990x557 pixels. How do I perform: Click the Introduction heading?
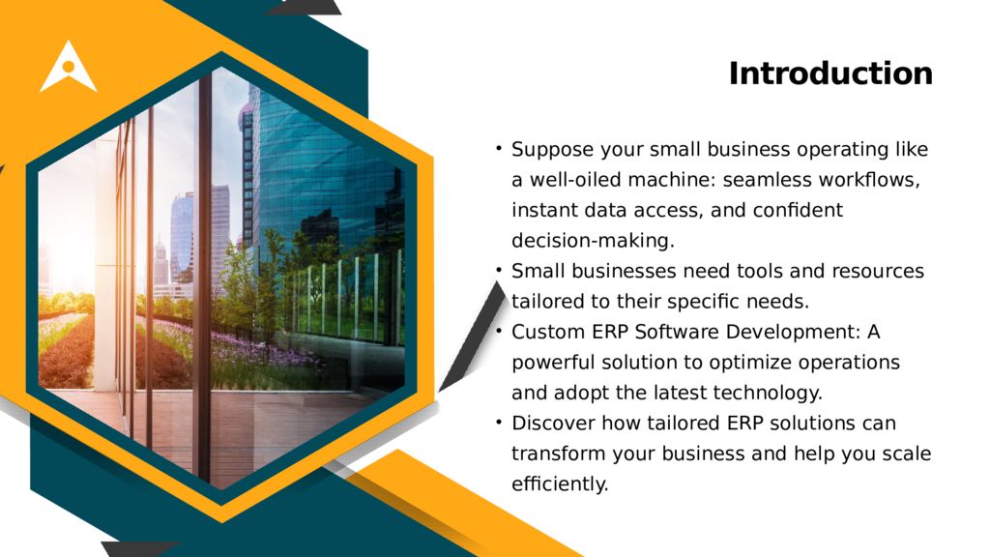(x=830, y=74)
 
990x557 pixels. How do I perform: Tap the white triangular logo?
(x=68, y=68)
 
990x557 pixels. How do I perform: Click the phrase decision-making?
(x=593, y=240)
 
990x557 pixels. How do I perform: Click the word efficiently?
(x=560, y=484)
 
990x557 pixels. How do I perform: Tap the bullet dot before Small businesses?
(x=498, y=269)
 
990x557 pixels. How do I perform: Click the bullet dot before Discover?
(x=498, y=421)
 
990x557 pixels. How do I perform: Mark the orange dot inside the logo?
(x=68, y=67)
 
